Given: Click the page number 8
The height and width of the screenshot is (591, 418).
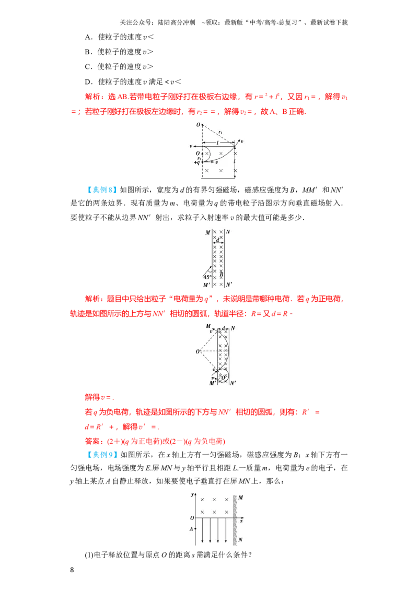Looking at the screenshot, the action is click(x=72, y=570).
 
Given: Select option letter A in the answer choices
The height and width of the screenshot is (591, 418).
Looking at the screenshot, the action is click(x=88, y=37).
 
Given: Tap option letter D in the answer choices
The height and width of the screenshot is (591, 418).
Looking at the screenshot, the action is click(x=88, y=82).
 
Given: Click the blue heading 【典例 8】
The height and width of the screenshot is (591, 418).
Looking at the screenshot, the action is click(x=100, y=190).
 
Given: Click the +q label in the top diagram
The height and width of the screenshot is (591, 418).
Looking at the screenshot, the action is click(x=197, y=163).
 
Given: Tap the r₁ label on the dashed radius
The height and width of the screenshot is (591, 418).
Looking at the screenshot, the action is click(x=220, y=132).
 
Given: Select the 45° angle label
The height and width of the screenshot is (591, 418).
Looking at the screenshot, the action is click(x=207, y=277).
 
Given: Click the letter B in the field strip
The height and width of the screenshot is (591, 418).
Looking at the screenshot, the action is click(x=221, y=274).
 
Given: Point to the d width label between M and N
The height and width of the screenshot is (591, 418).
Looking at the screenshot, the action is click(x=218, y=240).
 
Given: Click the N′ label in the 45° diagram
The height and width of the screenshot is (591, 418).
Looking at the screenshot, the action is click(x=229, y=285).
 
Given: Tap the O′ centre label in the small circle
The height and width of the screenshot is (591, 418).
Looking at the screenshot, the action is click(x=224, y=377).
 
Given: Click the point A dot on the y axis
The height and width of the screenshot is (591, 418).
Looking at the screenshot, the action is click(x=195, y=529).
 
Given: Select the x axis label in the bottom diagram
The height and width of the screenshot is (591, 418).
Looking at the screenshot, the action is click(x=241, y=521).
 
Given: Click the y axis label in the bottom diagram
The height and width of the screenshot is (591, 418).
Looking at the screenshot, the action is click(x=192, y=494).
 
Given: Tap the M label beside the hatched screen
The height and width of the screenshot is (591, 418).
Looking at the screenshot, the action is click(x=241, y=498).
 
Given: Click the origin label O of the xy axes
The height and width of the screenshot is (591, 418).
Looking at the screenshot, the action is click(x=192, y=518).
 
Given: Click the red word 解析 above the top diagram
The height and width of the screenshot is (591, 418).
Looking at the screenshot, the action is click(x=92, y=97).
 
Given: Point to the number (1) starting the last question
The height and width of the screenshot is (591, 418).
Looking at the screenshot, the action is click(x=89, y=555).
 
